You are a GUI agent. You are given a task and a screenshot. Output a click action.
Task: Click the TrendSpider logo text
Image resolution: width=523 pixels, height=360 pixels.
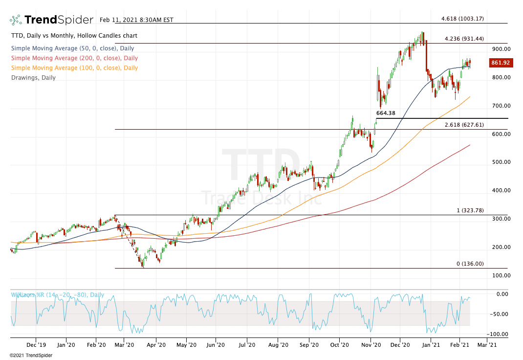click(58, 20)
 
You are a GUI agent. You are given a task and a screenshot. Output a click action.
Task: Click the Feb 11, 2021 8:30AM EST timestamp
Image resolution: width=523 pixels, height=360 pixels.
click(136, 20)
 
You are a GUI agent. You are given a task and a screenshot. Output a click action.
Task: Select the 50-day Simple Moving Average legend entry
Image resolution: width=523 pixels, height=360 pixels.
click(72, 48)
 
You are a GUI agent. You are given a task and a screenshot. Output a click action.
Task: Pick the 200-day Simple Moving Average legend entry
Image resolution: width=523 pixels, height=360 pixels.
click(74, 58)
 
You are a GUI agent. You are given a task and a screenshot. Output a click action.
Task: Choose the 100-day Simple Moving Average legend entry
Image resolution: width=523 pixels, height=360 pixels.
click(74, 68)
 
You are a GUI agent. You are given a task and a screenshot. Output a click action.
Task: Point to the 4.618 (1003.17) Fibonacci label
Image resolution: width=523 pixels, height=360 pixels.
click(462, 19)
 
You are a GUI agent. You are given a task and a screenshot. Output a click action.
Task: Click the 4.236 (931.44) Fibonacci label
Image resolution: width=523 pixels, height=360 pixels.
click(464, 39)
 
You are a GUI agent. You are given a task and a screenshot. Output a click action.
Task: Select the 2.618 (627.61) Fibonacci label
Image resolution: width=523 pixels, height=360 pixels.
click(464, 125)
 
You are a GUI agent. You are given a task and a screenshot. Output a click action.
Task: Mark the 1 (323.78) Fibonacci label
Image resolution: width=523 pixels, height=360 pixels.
click(470, 210)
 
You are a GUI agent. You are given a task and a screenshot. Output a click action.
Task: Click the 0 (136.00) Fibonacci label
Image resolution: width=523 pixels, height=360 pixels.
click(470, 264)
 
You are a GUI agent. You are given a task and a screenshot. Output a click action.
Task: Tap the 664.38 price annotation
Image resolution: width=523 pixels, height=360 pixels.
click(385, 113)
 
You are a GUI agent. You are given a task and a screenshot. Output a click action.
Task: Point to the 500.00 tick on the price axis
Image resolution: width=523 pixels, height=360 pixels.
click(501, 162)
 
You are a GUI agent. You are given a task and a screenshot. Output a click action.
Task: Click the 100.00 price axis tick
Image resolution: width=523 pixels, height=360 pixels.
click(501, 275)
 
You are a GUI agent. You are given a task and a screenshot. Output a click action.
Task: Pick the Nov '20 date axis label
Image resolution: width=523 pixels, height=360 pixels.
click(370, 344)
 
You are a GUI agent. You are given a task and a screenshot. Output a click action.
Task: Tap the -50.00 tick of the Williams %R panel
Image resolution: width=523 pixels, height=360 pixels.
click(501, 314)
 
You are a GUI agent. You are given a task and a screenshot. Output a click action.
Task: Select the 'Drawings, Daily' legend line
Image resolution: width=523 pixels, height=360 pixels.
click(33, 78)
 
